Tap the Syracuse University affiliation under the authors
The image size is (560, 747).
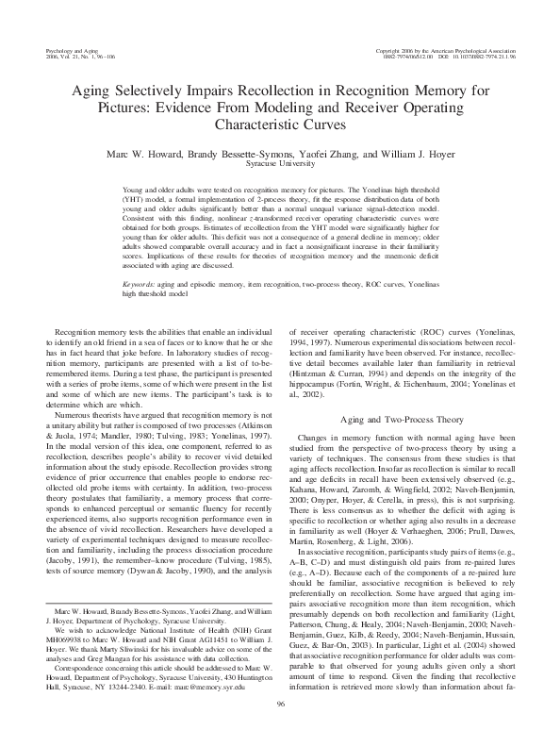coord(280,163)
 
